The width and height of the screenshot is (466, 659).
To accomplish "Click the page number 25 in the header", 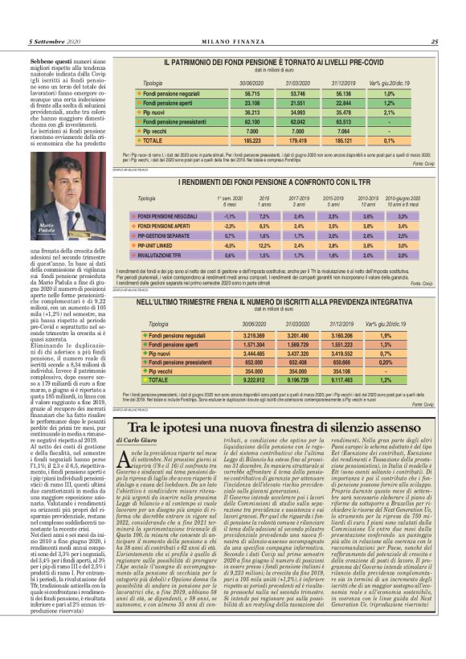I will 434,42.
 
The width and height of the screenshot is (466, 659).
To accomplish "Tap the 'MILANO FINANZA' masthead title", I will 232,42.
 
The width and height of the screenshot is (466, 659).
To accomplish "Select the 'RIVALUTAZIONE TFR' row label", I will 166,255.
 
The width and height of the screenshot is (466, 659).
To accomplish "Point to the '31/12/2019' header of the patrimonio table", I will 342,83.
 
